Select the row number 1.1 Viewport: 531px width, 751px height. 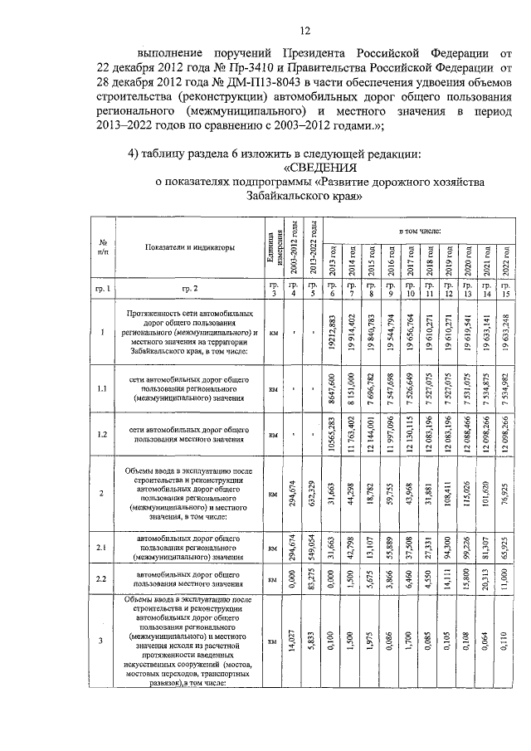(x=101, y=388)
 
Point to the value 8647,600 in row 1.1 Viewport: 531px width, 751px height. (x=332, y=388)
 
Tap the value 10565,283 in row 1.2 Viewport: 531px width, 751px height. (x=332, y=434)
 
